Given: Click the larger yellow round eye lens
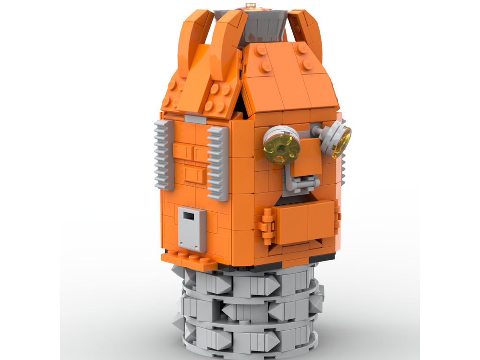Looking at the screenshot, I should coord(277,148).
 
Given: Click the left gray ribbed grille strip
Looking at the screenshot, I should coord(163,155).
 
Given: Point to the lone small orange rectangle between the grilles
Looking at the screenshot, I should coord(195,176).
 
